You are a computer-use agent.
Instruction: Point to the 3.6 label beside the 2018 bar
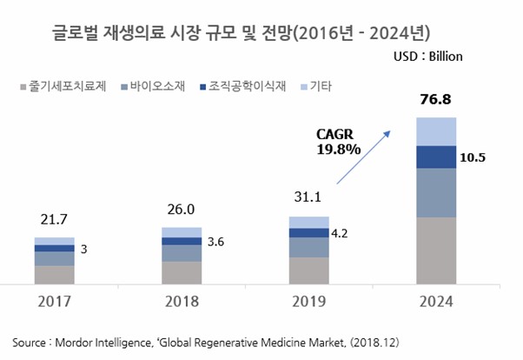tap(215, 242)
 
